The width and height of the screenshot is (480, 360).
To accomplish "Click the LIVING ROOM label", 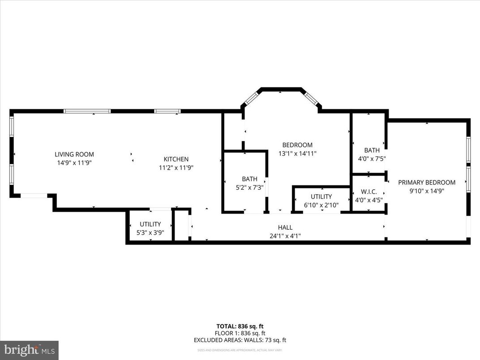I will (74, 154).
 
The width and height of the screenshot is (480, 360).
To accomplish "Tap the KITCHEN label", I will (176, 159).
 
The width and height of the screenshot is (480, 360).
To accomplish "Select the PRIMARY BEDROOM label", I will (427, 182).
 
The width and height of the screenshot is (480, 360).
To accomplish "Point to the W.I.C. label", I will (369, 192).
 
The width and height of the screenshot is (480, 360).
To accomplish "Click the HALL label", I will (285, 227).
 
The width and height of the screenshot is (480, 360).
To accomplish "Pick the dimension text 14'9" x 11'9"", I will (74, 163).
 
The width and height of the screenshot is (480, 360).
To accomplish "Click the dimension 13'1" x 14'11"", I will (297, 154).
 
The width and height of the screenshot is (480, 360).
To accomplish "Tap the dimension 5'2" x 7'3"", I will (249, 188).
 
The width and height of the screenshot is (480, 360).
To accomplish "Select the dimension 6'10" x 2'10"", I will (321, 205).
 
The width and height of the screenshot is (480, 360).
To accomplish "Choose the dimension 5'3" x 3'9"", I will (150, 233).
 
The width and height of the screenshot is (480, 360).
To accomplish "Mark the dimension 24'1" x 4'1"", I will (285, 236).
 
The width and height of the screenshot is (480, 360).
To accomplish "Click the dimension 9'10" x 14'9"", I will (427, 191).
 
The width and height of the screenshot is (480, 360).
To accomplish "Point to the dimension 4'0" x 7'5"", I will (372, 159).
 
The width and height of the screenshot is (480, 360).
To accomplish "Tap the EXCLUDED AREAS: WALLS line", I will (240, 340).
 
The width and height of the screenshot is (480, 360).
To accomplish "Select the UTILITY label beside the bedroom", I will (321, 197).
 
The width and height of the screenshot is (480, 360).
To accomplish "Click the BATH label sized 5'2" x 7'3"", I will (249, 179).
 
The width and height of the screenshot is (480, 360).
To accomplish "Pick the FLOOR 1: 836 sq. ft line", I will (240, 333).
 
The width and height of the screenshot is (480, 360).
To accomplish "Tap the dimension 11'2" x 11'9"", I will (176, 168).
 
